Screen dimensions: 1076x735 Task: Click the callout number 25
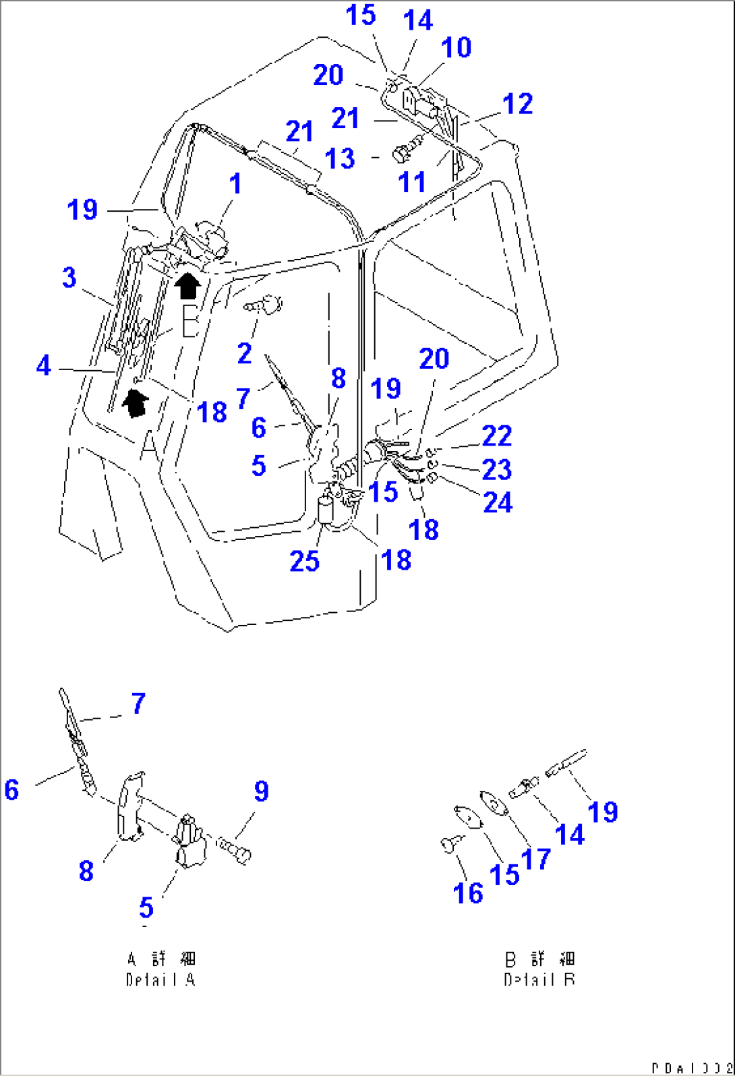point(304,560)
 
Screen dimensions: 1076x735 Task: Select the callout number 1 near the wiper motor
point(235,183)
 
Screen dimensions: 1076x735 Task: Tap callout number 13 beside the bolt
point(339,159)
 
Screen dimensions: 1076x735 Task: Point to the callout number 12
point(518,103)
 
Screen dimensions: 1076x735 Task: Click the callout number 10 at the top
point(456,47)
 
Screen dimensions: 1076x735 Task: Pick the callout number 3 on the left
point(69,277)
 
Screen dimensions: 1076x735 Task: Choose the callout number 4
point(43,366)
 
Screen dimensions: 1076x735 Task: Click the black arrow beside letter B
point(187,285)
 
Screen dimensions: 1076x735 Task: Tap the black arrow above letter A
point(136,404)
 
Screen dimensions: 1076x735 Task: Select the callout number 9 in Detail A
point(261,791)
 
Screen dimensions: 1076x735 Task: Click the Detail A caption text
point(160,969)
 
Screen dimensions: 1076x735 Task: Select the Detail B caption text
point(539,969)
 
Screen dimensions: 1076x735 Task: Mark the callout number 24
point(498,502)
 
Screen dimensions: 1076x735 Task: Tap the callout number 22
point(497,436)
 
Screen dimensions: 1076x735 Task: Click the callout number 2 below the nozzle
point(244,353)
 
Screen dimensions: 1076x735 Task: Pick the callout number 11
point(412,182)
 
